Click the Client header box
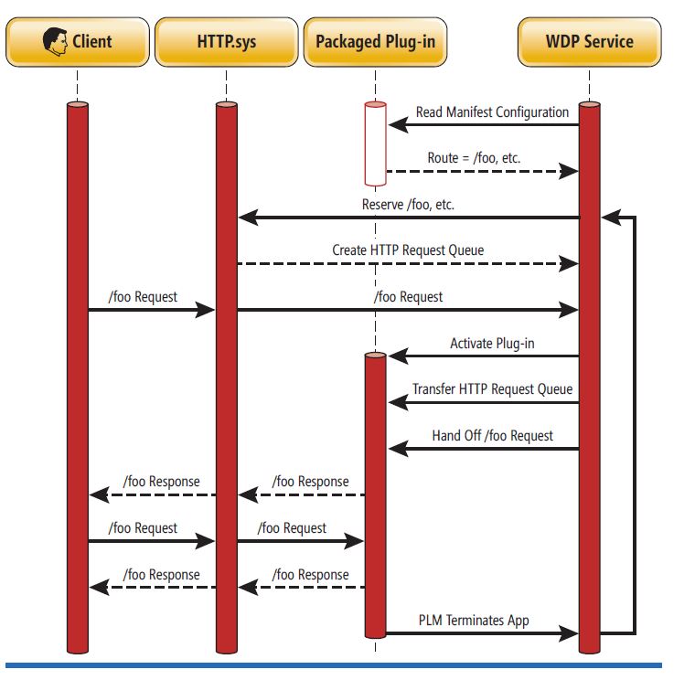pos(78,41)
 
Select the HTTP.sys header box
pos(226,41)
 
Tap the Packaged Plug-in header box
pos(374,41)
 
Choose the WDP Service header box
pos(590,41)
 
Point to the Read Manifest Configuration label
pos(492,112)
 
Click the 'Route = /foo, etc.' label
pos(474,158)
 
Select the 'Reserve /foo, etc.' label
pos(408,205)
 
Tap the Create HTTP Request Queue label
pos(408,250)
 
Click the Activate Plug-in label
pos(492,344)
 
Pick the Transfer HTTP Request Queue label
pos(492,389)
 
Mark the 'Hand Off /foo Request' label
pos(492,436)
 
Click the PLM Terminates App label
pos(474,621)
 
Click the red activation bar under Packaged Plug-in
pos(374,494)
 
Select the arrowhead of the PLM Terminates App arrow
pos(571,633)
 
